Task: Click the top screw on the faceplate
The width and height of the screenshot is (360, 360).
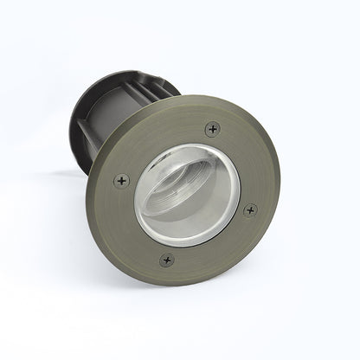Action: click(x=212, y=130)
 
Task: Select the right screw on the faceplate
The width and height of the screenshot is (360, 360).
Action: click(x=250, y=209)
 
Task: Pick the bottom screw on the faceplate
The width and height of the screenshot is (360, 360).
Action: click(x=167, y=259)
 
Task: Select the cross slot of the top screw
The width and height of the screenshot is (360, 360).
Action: click(x=212, y=130)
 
